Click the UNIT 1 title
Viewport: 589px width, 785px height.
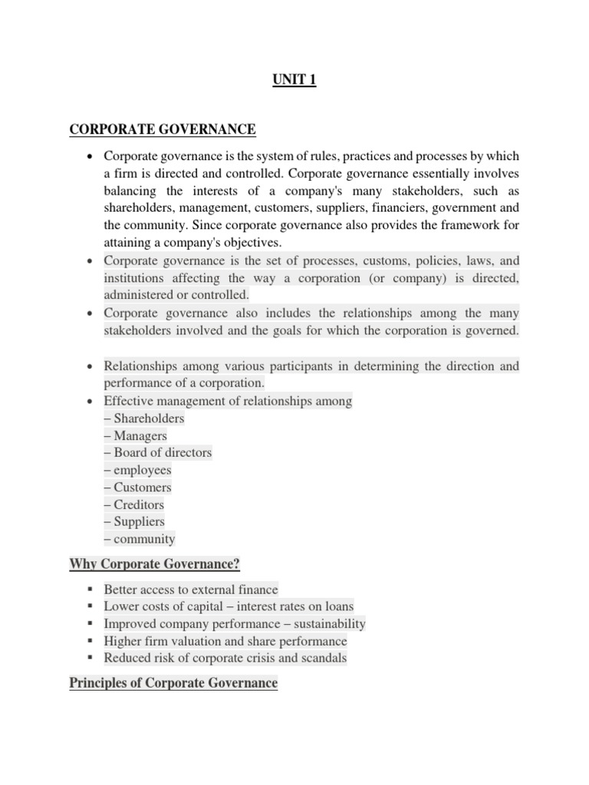point(294,80)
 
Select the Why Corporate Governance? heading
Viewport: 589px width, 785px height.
point(155,565)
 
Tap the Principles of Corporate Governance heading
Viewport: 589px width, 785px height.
point(173,682)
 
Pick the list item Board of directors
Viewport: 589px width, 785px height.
point(158,452)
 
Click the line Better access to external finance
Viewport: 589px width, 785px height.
point(191,590)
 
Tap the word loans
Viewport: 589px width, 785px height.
point(337,606)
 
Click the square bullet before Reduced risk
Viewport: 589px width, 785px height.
point(90,658)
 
